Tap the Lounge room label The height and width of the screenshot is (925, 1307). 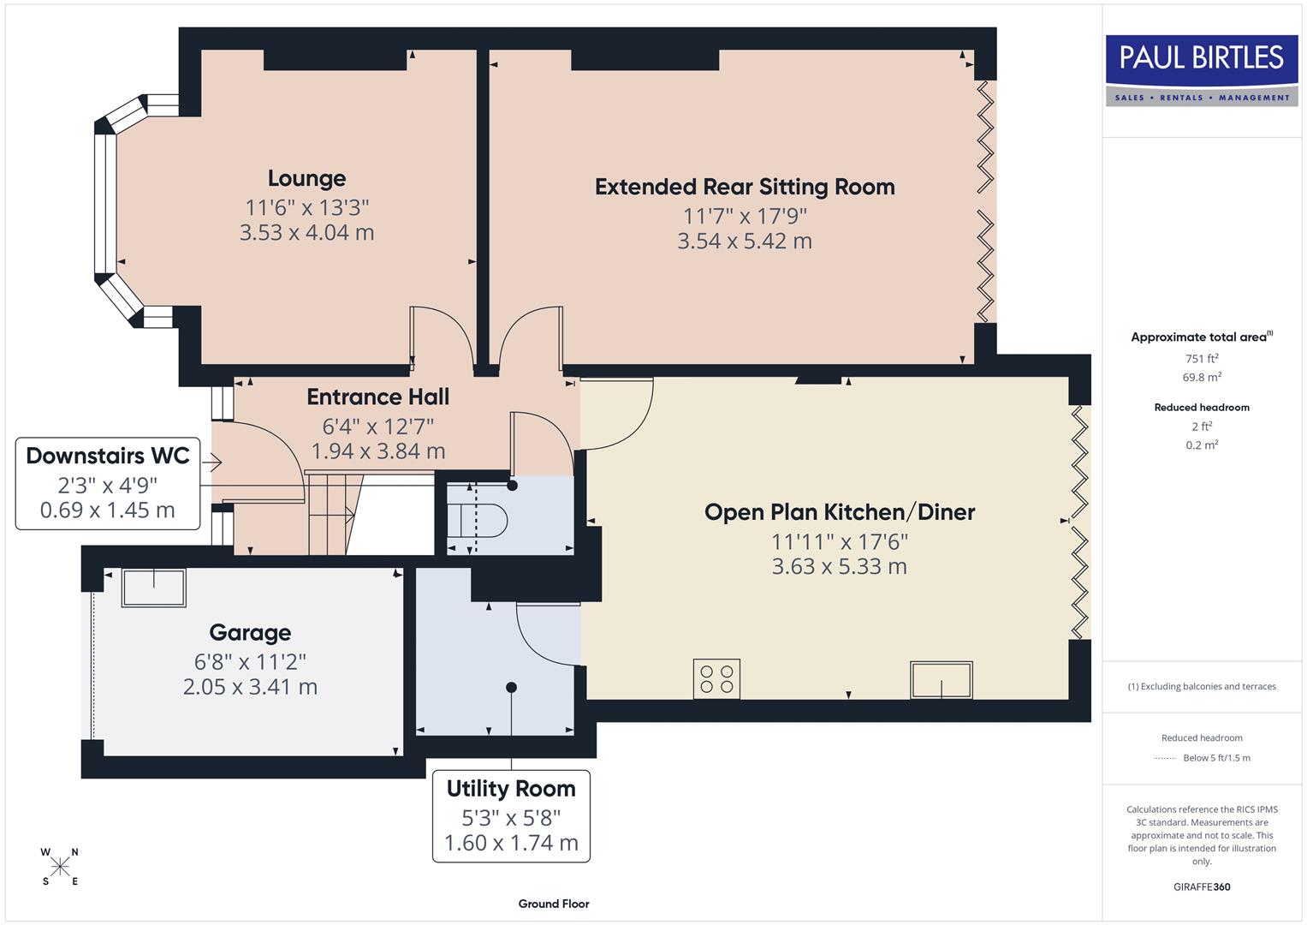pos(306,178)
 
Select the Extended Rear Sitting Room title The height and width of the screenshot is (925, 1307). pos(745,187)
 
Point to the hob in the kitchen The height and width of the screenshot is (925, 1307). pos(716,678)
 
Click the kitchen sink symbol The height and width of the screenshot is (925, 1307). pos(941,680)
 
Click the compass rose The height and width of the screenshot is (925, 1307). pos(60,867)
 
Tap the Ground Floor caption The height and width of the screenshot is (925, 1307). pos(554,904)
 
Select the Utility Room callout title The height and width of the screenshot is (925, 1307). pos(511,789)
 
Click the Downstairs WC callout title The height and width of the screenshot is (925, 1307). pos(108,456)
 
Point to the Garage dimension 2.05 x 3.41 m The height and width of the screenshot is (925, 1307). pos(250,687)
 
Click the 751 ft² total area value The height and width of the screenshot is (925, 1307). pos(1202,359)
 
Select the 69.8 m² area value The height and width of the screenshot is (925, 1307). pos(1202,377)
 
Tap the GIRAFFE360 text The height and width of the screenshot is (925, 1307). pos(1202,886)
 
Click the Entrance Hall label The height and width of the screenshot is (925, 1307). pos(377,397)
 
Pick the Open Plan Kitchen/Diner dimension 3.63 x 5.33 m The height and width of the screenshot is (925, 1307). pos(839,566)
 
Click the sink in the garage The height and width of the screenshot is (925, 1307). pos(154,588)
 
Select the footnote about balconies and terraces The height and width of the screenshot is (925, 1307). pos(1202,686)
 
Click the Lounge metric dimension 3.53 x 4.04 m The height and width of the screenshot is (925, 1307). pos(306,233)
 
